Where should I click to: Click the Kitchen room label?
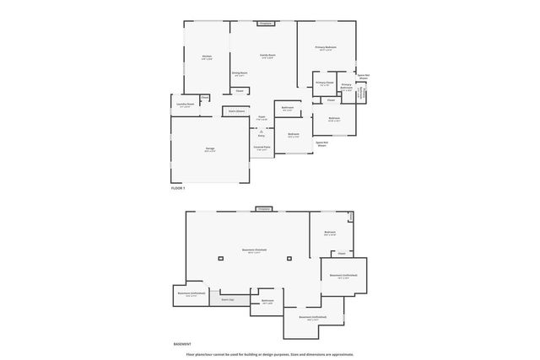tap(207, 57)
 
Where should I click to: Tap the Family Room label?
tap(267, 56)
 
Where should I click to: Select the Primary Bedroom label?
tap(326, 48)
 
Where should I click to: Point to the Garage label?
tap(209, 149)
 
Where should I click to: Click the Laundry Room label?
tap(186, 105)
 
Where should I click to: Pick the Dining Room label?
tap(240, 74)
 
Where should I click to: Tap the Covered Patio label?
tap(262, 147)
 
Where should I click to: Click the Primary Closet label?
tap(325, 83)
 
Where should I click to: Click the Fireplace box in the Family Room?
tap(264, 24)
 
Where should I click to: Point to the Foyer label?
tap(262, 118)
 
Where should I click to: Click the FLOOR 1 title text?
tap(177, 188)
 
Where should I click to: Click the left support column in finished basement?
tap(220, 258)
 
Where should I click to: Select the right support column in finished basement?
tap(289, 258)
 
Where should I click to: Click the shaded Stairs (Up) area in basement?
tap(228, 299)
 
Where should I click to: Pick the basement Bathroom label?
tap(267, 301)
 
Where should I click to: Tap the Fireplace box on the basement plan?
tap(264, 208)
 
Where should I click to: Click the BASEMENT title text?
tap(181, 344)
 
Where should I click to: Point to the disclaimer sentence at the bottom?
tap(270, 354)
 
